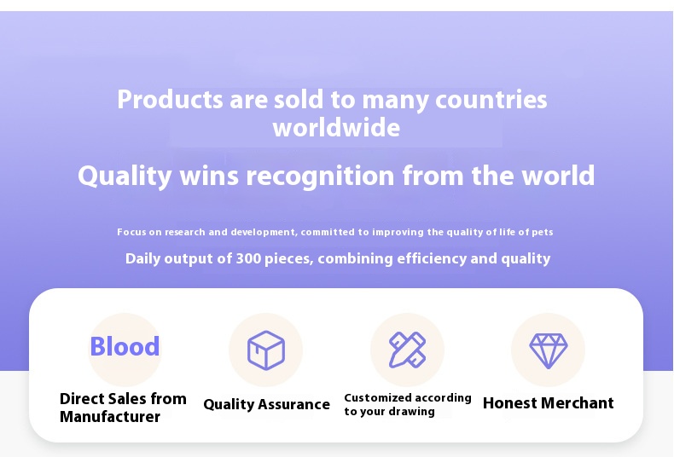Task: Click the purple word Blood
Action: (125, 346)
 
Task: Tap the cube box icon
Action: (266, 350)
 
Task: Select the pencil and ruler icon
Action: (407, 350)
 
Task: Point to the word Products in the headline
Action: (171, 99)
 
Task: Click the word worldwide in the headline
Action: (336, 128)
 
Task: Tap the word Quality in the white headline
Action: (125, 176)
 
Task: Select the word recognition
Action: (320, 176)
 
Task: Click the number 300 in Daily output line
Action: (248, 258)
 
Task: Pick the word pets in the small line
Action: (543, 233)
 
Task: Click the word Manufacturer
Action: (110, 417)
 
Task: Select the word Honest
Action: (510, 403)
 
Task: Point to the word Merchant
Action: (578, 403)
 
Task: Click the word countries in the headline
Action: (491, 99)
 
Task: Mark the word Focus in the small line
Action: (131, 233)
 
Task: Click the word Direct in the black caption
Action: (81, 398)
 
